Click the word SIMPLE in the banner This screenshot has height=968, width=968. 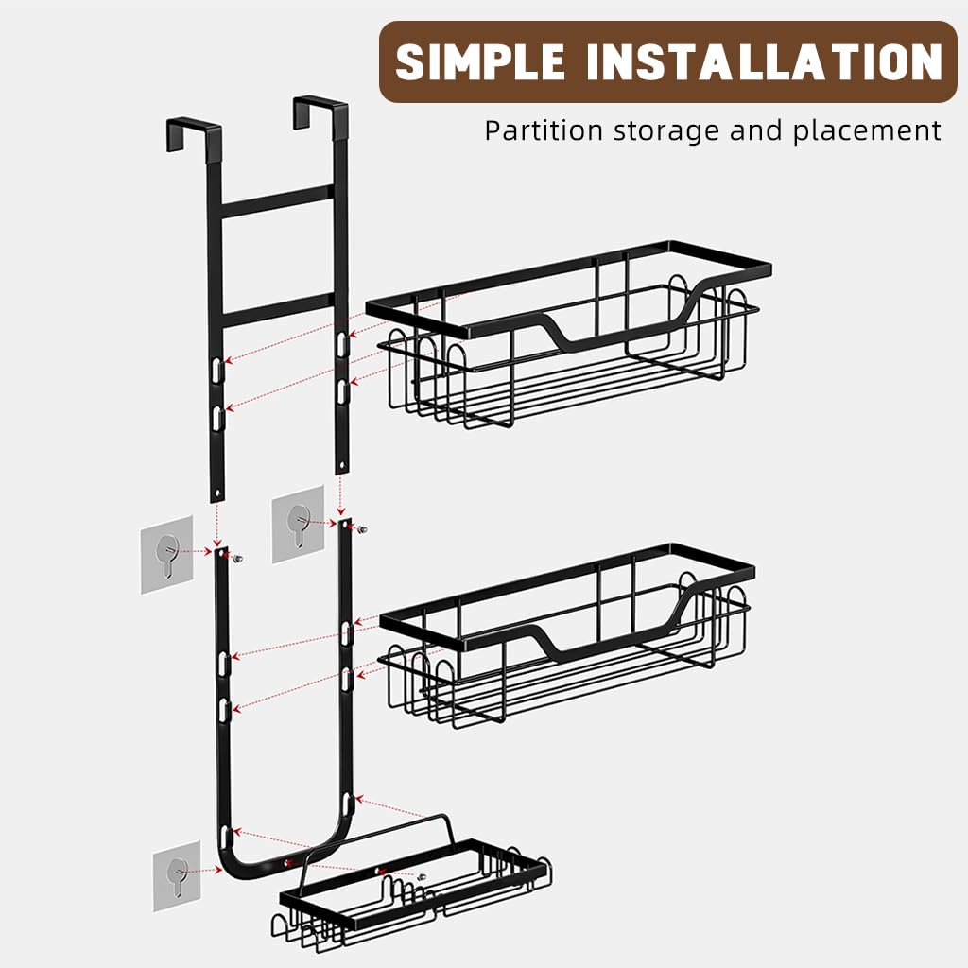(481, 62)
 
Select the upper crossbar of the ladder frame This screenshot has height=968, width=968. (276, 200)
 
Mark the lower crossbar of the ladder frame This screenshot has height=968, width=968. (276, 310)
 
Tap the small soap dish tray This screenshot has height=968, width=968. (416, 889)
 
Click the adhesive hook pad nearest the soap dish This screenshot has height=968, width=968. (177, 875)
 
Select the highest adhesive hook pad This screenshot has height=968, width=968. (299, 524)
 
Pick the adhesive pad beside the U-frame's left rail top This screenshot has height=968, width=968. (167, 554)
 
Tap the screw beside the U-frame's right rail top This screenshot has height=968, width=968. (362, 527)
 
